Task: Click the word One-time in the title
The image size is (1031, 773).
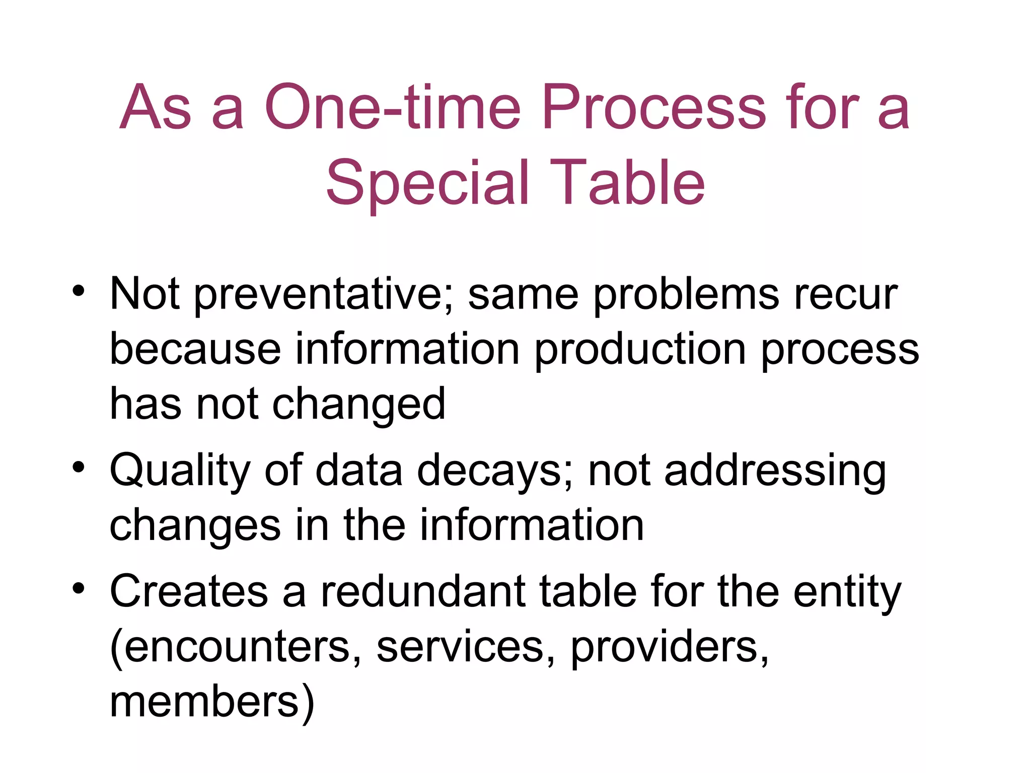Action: pyautogui.click(x=392, y=107)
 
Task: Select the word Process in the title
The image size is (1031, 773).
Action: pyautogui.click(x=654, y=107)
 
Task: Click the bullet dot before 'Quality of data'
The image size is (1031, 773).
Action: pyautogui.click(x=79, y=467)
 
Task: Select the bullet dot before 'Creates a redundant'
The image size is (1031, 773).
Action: pyautogui.click(x=79, y=587)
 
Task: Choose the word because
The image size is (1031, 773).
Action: pyautogui.click(x=195, y=349)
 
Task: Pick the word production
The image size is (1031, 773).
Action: pyautogui.click(x=640, y=350)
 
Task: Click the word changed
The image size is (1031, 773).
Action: pyautogui.click(x=359, y=405)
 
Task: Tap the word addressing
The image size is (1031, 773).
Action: pyautogui.click(x=775, y=471)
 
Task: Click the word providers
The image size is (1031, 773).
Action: pyautogui.click(x=670, y=647)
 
